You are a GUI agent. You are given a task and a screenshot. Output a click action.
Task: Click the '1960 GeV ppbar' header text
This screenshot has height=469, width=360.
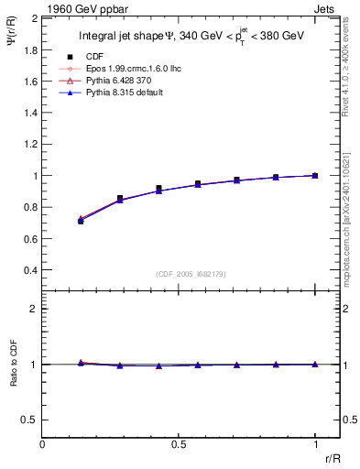81,8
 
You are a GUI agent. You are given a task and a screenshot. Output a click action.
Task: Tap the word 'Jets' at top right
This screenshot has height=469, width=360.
326,8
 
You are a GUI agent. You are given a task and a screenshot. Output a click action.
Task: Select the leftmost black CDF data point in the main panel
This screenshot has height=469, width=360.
82,221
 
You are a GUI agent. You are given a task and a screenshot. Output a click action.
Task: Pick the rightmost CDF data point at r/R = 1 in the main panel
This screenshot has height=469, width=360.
315,175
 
